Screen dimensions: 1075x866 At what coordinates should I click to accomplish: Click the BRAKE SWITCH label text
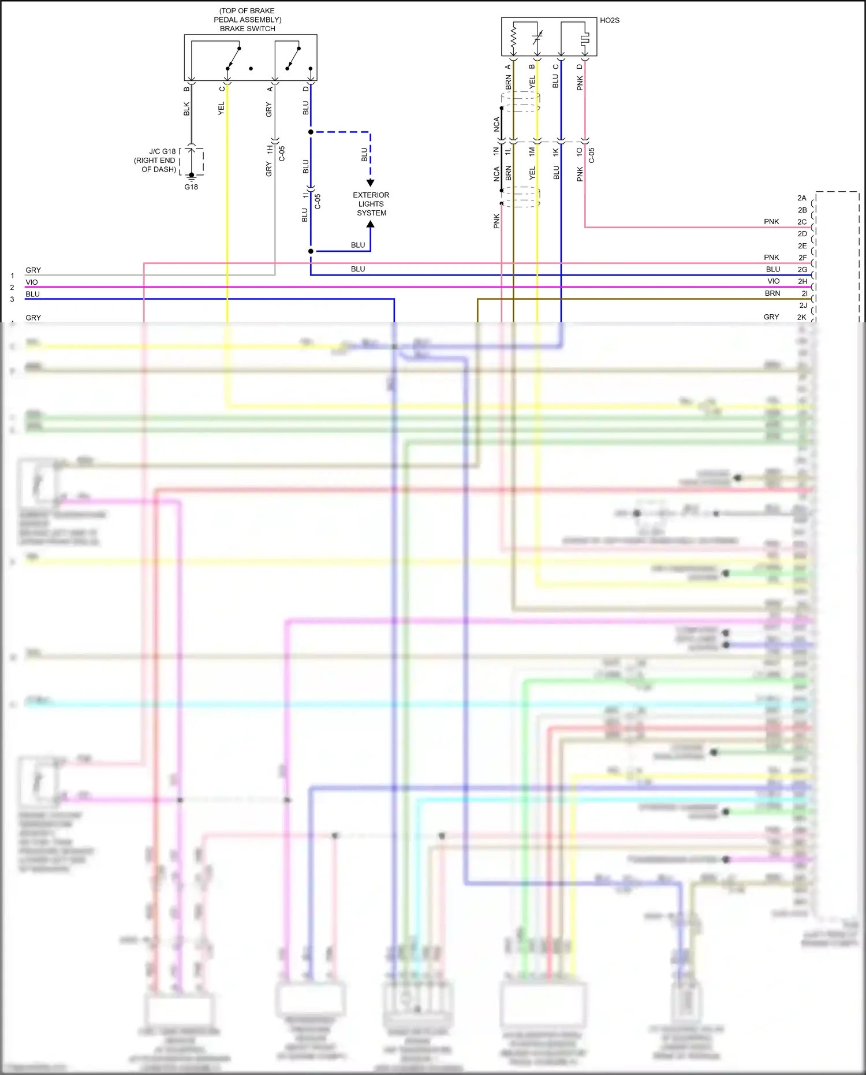[247, 28]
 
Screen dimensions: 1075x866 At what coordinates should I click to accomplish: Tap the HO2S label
[609, 20]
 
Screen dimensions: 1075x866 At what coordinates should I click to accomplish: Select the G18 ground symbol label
[191, 187]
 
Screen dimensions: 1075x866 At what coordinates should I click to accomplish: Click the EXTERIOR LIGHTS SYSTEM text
[371, 204]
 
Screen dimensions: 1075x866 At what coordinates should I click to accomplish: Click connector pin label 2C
[802, 222]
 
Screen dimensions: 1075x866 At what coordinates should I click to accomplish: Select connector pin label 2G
[802, 270]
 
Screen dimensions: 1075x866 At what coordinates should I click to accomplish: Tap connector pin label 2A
[802, 198]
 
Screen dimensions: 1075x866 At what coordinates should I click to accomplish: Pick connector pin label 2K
[801, 317]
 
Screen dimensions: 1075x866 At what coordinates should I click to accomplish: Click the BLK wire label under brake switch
[186, 109]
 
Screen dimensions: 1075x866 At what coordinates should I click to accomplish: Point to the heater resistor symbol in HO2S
[513, 38]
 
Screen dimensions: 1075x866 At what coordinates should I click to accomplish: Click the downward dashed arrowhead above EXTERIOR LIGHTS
[371, 183]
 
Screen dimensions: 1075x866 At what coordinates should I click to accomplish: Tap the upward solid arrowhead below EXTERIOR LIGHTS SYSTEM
[371, 224]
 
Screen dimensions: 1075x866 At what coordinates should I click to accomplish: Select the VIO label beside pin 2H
[773, 281]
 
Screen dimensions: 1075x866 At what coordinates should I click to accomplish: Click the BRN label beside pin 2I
[772, 293]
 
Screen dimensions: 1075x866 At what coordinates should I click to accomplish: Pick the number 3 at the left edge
[12, 299]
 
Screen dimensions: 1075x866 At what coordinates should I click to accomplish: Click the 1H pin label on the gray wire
[270, 149]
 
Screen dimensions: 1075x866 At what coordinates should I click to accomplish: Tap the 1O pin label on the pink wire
[580, 151]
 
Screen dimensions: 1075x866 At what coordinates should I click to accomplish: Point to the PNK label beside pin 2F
[771, 258]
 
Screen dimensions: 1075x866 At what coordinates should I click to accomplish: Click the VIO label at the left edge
[32, 282]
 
